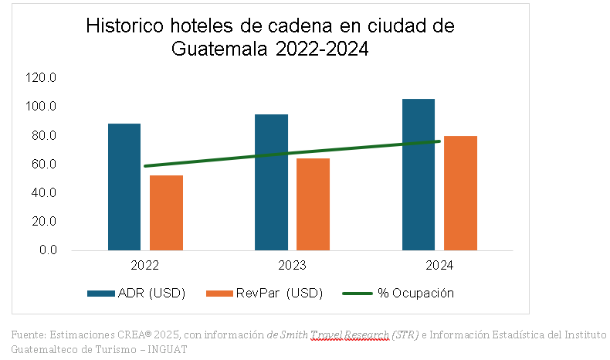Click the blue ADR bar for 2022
(124, 187)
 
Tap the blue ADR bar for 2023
(272, 182)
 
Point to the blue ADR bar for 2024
(419, 175)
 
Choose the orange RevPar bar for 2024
(460, 193)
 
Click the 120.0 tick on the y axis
(41, 77)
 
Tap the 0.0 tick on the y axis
(47, 250)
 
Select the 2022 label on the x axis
(145, 265)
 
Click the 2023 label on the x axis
(293, 265)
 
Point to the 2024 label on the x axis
(439, 265)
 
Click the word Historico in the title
(124, 26)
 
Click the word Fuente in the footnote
(28, 335)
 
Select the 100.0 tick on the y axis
(41, 106)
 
